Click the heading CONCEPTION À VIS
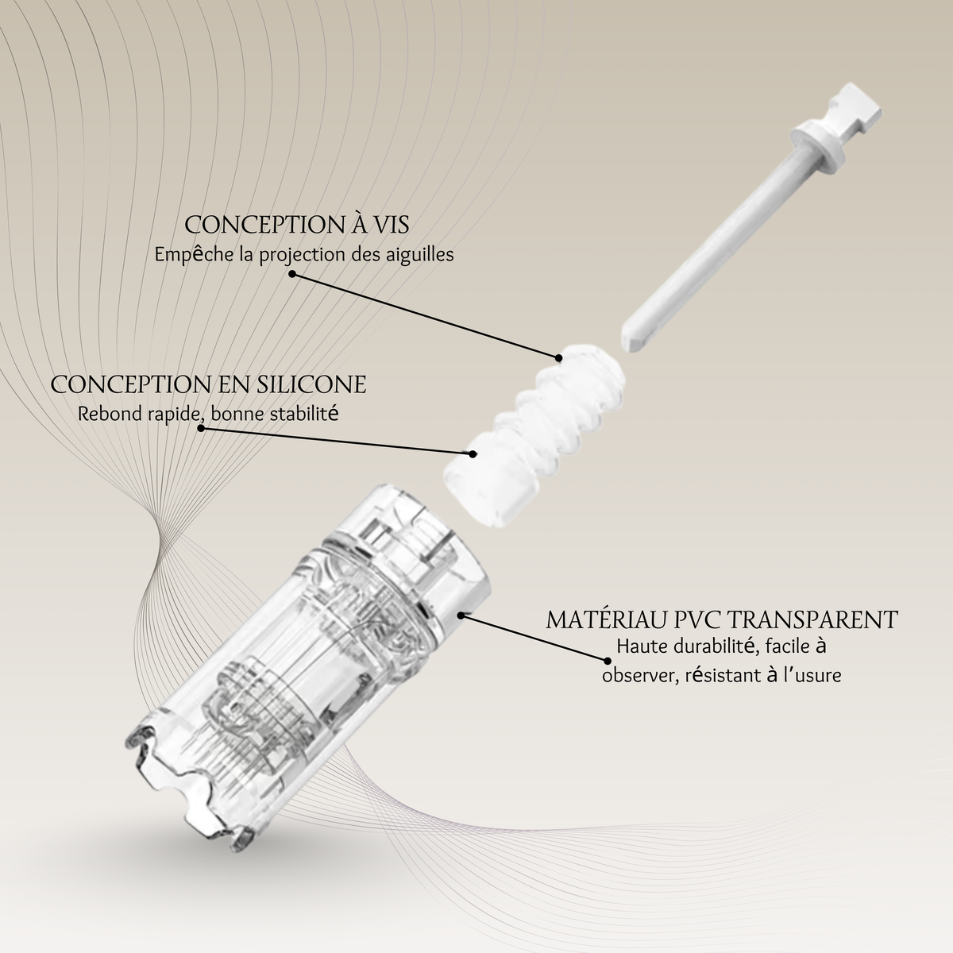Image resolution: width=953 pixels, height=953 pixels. click(x=297, y=225)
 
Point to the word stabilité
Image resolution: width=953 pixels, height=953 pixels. click(x=304, y=414)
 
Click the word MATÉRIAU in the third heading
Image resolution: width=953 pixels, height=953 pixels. click(x=605, y=619)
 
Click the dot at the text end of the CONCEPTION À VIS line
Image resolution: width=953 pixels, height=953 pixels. click(x=292, y=273)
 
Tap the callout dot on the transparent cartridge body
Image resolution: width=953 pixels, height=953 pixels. click(x=461, y=615)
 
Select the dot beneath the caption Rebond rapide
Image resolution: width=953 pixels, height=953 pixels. click(x=201, y=428)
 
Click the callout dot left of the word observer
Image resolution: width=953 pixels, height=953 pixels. click(x=608, y=661)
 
